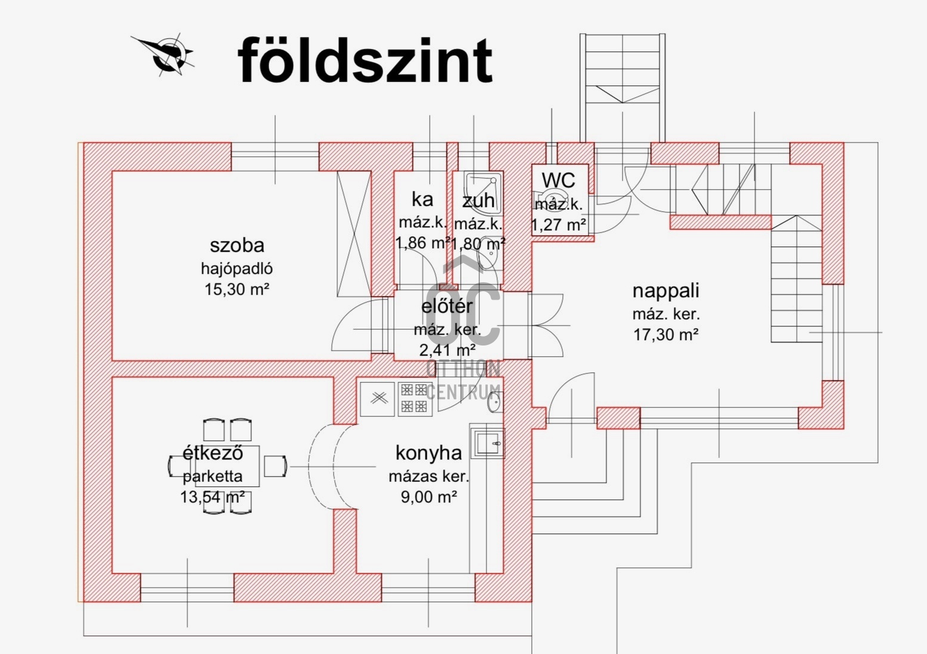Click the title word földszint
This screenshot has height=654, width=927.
[x=365, y=60]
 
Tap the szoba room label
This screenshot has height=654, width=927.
[x=237, y=245]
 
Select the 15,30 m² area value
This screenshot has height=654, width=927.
[x=237, y=289]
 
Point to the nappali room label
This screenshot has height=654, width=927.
[x=666, y=291]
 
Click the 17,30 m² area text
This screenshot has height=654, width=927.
[x=666, y=334]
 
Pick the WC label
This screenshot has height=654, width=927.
[x=558, y=180]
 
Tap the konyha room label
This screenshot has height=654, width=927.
[x=429, y=454]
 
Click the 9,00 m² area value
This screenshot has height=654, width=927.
[x=429, y=496]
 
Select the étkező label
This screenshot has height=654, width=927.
[x=212, y=453]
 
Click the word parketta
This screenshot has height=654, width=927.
[x=212, y=477]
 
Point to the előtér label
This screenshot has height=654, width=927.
[x=447, y=307]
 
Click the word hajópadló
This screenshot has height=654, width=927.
[x=237, y=269]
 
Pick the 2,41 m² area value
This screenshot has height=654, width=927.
[x=447, y=350]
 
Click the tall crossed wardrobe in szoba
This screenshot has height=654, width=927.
[x=354, y=234]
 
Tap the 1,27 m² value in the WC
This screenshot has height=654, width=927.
[x=558, y=225]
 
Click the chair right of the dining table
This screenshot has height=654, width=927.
[x=275, y=466]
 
